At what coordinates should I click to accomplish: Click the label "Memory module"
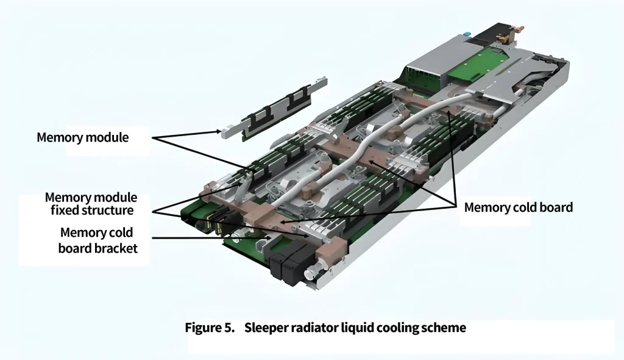coord(83,137)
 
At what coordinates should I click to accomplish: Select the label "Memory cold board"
coord(518,207)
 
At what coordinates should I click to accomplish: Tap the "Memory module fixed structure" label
coord(91,204)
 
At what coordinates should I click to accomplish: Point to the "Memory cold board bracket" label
coord(99,240)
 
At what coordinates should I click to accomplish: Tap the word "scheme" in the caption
coord(446,328)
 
